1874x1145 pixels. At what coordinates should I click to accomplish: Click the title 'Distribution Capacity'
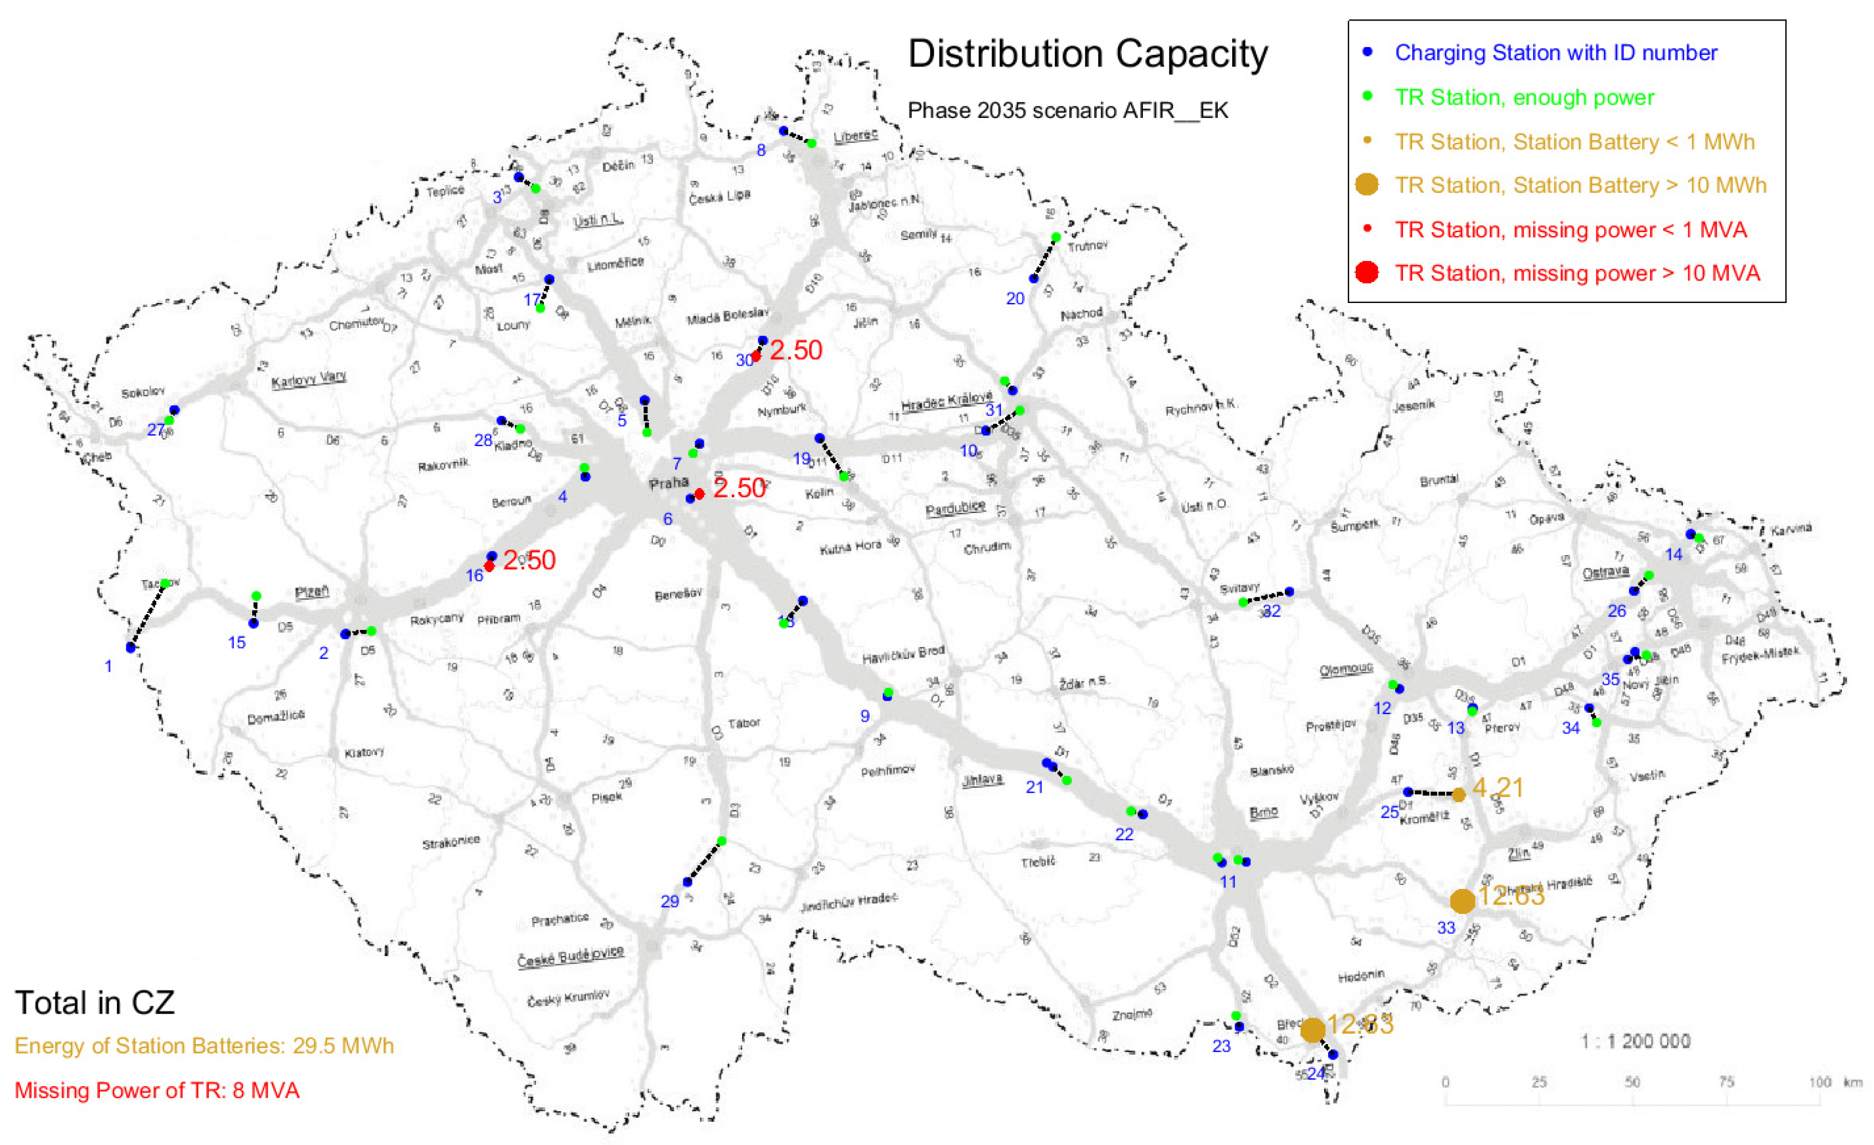pyautogui.click(x=1087, y=55)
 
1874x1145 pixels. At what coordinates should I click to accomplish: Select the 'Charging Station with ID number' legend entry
pyautogui.click(x=1555, y=53)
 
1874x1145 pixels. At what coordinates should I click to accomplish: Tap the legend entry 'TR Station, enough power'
pyautogui.click(x=1524, y=97)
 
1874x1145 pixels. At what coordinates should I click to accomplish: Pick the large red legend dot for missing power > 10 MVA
pyautogui.click(x=1367, y=272)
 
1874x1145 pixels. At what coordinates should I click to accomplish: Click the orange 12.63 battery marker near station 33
pyautogui.click(x=1462, y=901)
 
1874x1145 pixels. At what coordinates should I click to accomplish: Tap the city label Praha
pyautogui.click(x=668, y=483)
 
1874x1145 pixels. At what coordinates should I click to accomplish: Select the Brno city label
pyautogui.click(x=1263, y=813)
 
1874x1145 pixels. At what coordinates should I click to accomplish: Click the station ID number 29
pyautogui.click(x=670, y=902)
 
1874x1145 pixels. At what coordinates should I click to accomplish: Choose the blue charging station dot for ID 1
pyautogui.click(x=131, y=648)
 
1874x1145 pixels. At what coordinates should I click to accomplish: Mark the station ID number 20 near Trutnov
pyautogui.click(x=1015, y=299)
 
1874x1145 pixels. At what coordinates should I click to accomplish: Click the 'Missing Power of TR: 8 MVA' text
pyautogui.click(x=157, y=1090)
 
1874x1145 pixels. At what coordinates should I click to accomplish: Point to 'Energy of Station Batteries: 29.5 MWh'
pyautogui.click(x=204, y=1046)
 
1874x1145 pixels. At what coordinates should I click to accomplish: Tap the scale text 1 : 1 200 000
pyautogui.click(x=1635, y=1041)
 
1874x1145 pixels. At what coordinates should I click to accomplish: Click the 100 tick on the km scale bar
pyautogui.click(x=1819, y=1082)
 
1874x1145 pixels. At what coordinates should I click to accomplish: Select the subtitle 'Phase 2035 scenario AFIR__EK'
pyautogui.click(x=1067, y=111)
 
